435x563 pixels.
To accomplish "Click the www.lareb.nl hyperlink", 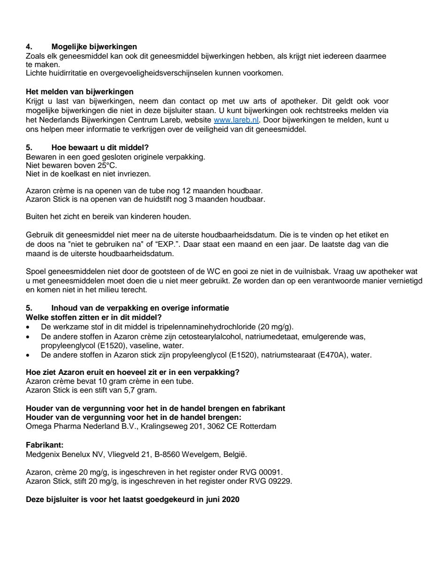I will [236, 120].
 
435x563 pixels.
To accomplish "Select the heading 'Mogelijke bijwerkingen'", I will [94, 46].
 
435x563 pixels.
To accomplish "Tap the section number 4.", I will [28, 46].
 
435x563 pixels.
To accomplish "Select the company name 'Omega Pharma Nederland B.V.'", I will [73, 426].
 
